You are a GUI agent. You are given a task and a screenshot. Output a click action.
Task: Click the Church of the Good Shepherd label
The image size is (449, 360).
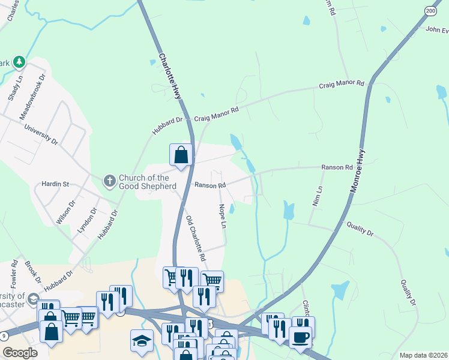pos(148,182)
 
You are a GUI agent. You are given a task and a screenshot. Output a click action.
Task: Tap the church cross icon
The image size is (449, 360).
pos(109,180)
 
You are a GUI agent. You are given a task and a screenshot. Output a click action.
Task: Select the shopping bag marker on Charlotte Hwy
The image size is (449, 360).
pos(181,156)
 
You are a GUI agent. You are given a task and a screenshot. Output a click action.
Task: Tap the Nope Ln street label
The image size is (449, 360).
pos(223,216)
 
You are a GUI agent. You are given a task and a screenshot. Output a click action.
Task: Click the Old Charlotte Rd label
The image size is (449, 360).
pos(196,238)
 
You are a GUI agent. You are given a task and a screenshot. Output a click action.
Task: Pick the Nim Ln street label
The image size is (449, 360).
pos(317,196)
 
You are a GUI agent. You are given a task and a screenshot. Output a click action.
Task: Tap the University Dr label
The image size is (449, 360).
pos(41,135)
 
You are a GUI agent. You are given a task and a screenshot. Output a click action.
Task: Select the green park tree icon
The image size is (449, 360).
pos(19,61)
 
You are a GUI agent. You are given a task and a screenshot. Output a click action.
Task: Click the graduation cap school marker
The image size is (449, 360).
pos(142,340)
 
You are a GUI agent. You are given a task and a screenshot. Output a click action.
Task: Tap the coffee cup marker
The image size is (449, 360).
pos(300,337)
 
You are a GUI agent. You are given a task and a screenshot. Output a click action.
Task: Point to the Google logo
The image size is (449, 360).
pos(20,352)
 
